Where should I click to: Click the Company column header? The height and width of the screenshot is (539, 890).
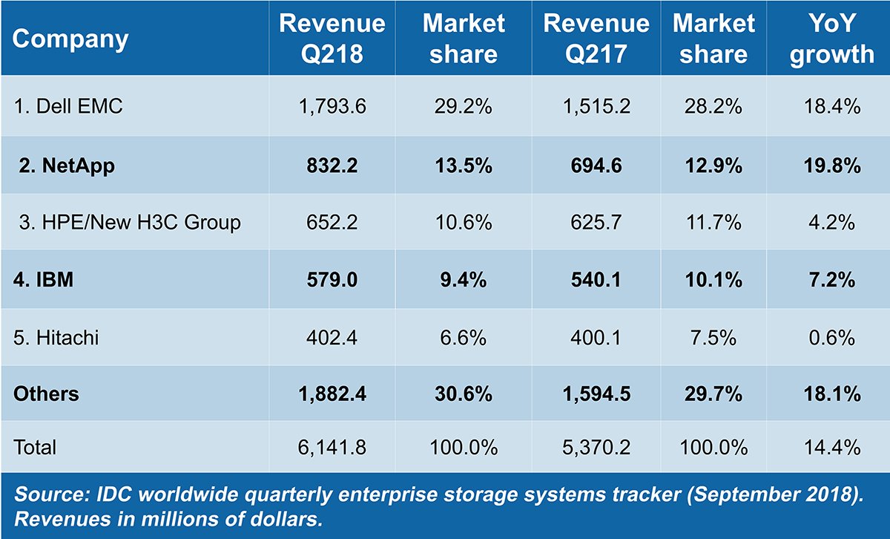coord(70,39)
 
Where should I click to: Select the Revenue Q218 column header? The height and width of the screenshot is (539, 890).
coord(332,39)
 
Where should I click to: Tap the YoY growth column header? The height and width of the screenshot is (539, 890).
coord(831,39)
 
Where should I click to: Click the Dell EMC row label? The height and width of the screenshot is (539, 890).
coord(68,107)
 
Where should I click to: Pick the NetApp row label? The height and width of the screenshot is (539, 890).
coord(67,165)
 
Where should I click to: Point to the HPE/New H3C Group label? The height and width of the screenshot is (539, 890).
coord(130,222)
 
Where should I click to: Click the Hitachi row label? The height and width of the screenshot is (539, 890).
coord(56,338)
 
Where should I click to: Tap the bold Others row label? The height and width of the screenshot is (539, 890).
coord(46,394)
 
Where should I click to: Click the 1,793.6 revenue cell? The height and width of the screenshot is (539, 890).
coord(332,107)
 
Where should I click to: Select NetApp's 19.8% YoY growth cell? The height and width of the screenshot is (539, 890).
coord(831,165)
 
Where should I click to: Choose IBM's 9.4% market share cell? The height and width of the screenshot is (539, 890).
coord(463,280)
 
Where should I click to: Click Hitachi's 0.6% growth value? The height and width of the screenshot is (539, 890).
coord(831,338)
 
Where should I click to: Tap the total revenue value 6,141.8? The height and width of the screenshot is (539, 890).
coord(332,448)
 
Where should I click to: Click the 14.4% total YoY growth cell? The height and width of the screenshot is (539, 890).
coord(831,448)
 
